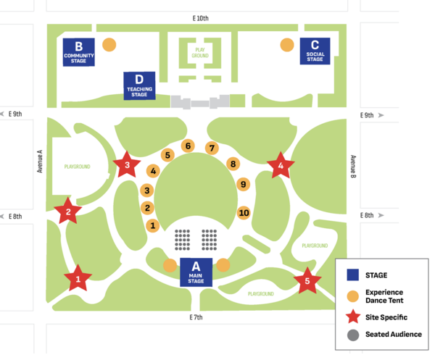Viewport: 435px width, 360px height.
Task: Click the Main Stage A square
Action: click(x=196, y=271)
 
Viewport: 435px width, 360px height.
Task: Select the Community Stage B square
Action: click(x=79, y=51)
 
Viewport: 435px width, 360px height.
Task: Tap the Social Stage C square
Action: click(x=315, y=51)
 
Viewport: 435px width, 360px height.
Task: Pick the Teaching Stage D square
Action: click(x=139, y=85)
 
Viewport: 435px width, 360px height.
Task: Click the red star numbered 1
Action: click(x=78, y=278)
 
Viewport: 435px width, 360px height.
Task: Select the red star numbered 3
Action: click(x=128, y=165)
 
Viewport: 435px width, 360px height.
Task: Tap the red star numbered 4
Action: click(x=281, y=167)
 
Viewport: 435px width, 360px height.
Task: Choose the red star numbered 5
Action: click(x=308, y=280)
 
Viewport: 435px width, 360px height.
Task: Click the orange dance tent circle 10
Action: click(x=244, y=213)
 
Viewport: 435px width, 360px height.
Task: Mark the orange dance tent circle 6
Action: click(x=188, y=146)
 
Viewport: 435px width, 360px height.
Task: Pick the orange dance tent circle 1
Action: click(x=153, y=226)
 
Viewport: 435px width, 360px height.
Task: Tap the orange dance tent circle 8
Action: click(x=233, y=164)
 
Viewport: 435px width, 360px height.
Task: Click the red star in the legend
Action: click(x=353, y=317)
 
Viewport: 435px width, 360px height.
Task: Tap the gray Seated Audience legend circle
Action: click(x=353, y=335)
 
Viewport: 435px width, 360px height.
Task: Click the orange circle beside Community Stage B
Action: click(x=109, y=44)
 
